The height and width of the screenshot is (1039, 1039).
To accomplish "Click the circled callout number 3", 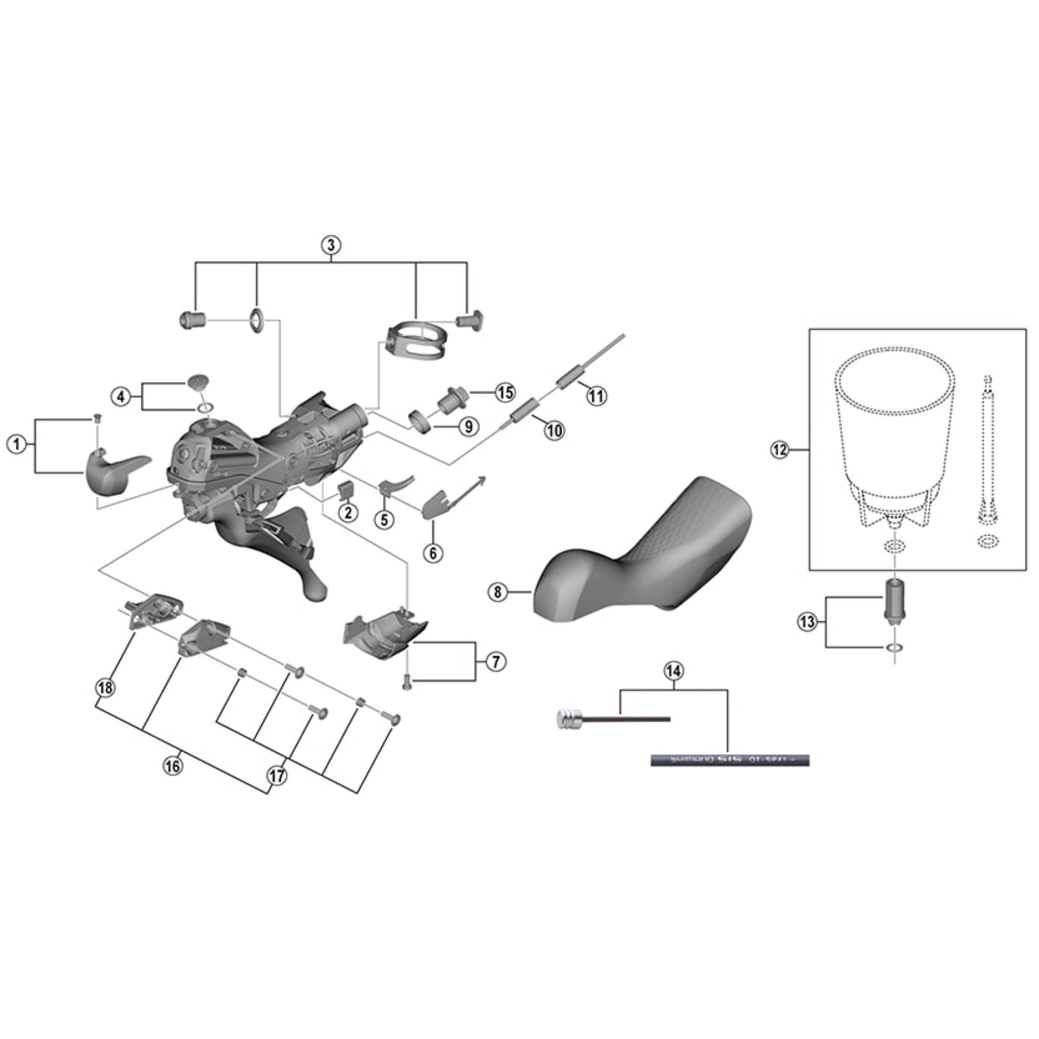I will pos(331,245).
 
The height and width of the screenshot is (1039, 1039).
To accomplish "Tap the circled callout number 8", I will pos(498,592).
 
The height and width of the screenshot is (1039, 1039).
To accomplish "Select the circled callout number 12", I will pos(780,449).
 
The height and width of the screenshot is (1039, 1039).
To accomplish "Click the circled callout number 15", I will pos(505,392).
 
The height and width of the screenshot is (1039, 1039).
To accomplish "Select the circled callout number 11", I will pos(596,396).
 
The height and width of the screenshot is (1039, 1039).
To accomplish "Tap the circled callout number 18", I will pos(105,687).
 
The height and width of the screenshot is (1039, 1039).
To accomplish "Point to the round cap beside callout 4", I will pos(197,383).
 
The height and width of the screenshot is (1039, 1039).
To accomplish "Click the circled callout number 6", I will pos(433,552).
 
